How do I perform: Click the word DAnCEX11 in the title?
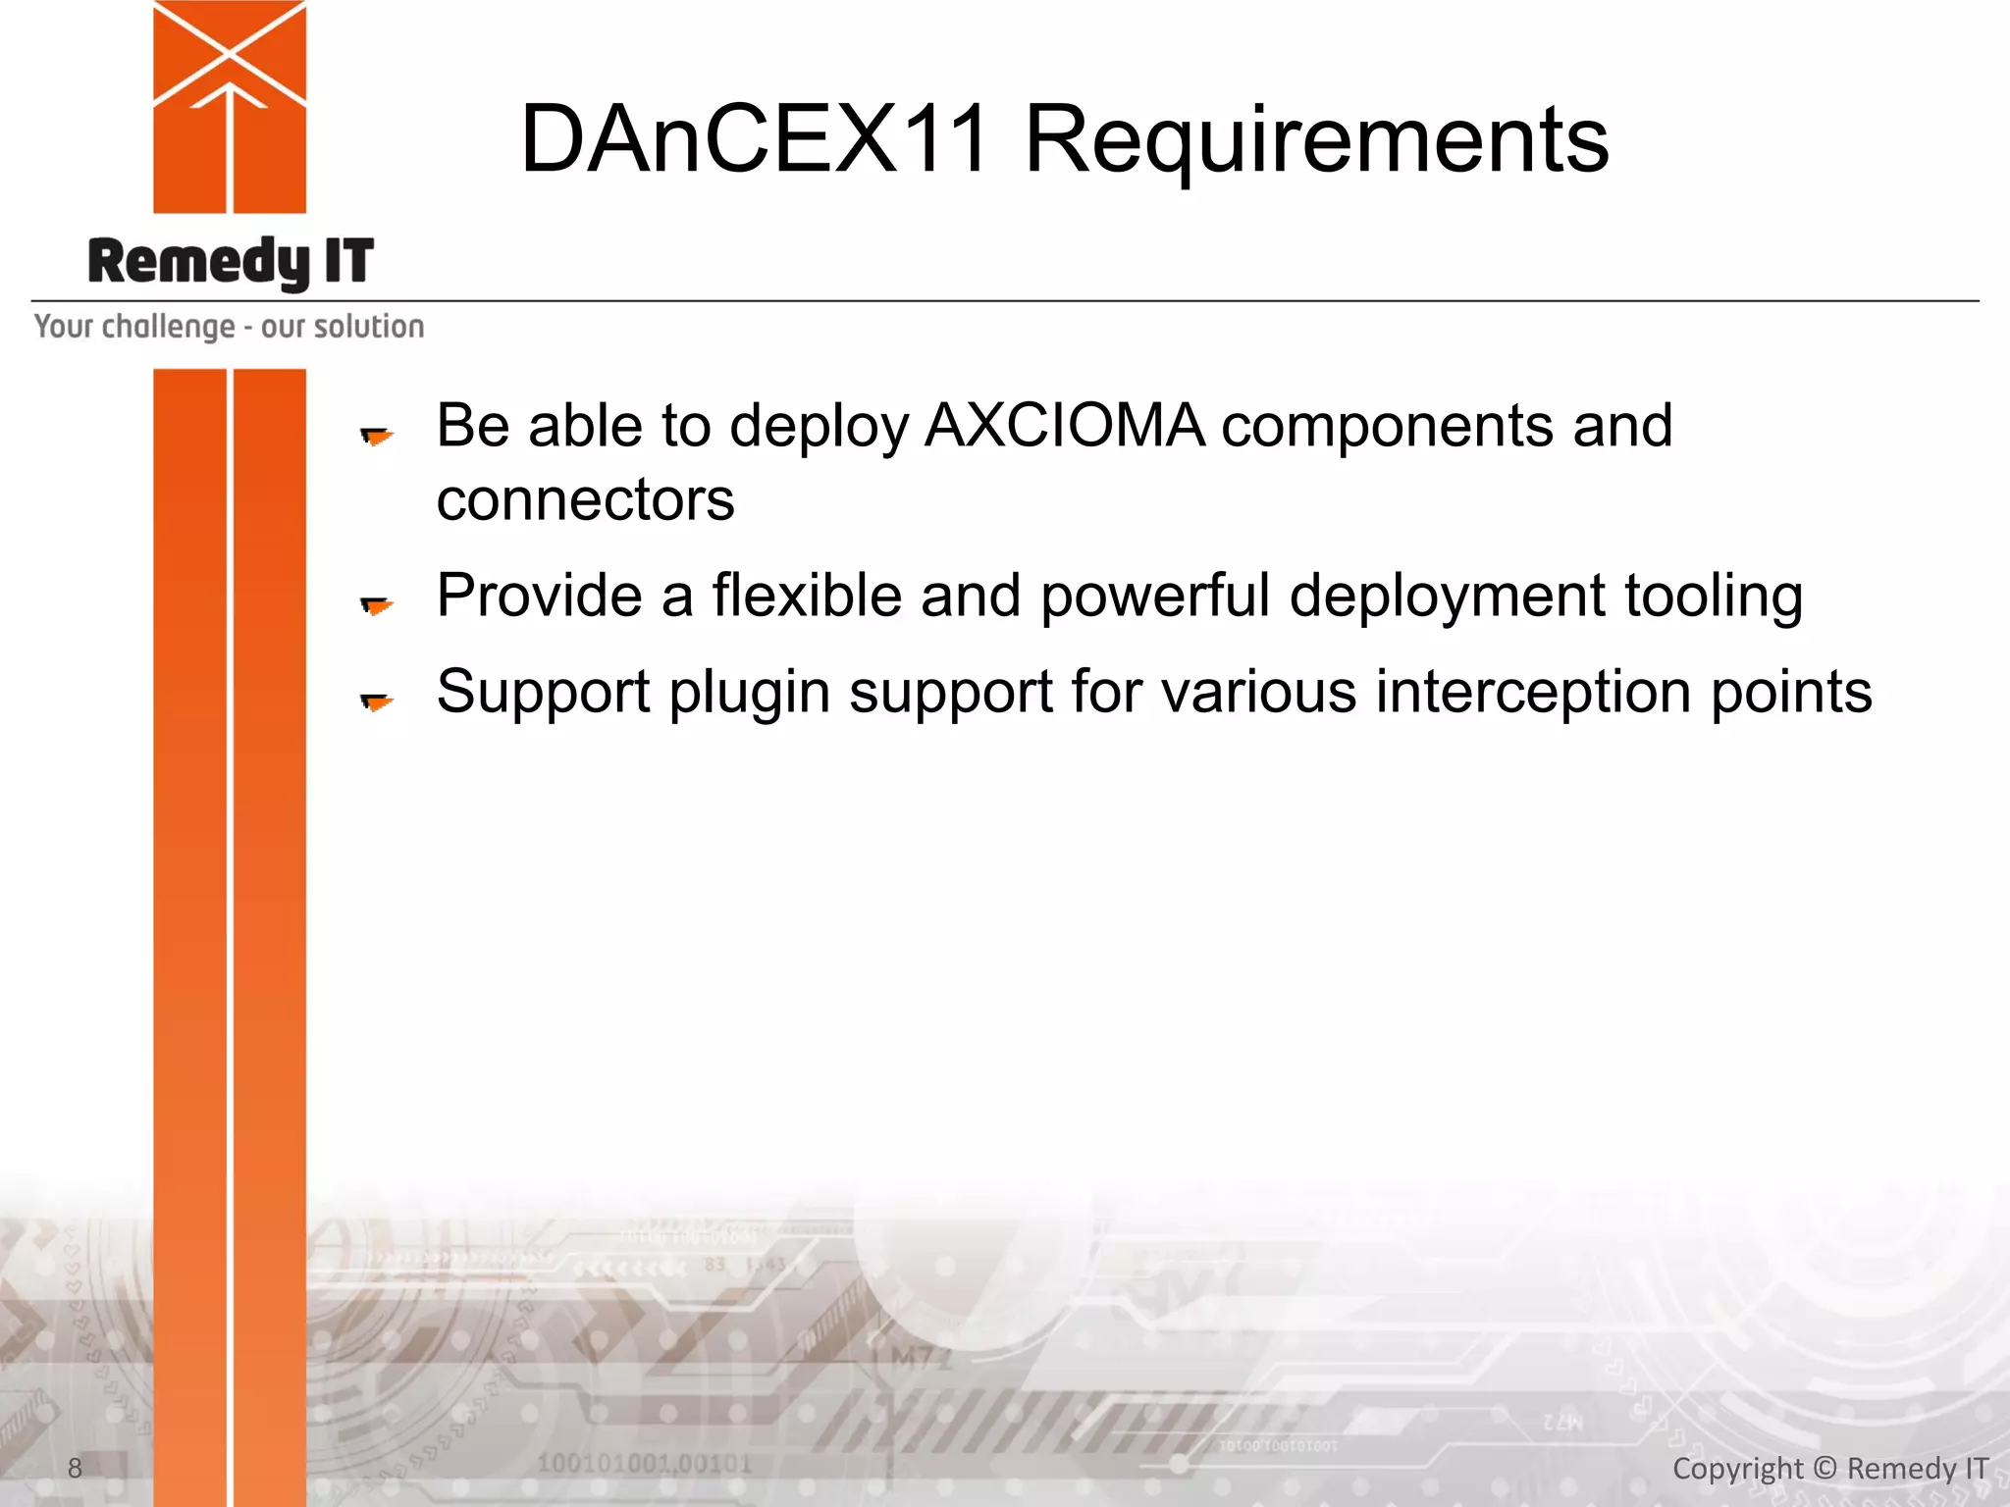754,139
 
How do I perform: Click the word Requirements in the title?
1315,142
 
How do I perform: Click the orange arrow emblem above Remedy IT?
230,106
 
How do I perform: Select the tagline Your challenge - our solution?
229,327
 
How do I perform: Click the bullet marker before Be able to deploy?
376,435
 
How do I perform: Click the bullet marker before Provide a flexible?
376,605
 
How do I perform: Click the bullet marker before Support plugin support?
376,701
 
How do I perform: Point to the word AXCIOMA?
1064,426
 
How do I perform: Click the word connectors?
585,500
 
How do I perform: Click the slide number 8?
75,1468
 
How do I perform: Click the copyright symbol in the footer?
1825,1468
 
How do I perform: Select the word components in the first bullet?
1386,428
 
